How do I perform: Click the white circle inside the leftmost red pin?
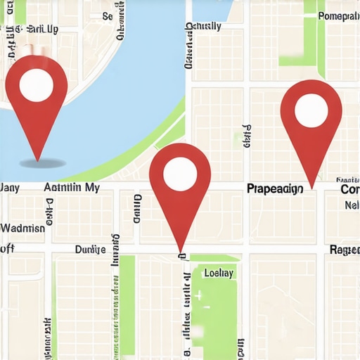[x=36, y=84]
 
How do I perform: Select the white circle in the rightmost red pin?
[x=311, y=109]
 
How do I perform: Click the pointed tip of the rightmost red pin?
[x=311, y=188]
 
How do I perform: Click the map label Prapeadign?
[x=274, y=188]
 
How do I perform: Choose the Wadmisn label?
[x=22, y=228]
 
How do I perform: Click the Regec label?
[x=345, y=250]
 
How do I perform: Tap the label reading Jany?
[x=10, y=188]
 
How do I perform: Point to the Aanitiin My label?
[x=71, y=188]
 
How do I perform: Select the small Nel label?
[x=352, y=205]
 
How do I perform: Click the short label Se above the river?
[x=107, y=15]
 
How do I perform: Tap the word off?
[x=7, y=248]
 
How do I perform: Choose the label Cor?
[x=349, y=189]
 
